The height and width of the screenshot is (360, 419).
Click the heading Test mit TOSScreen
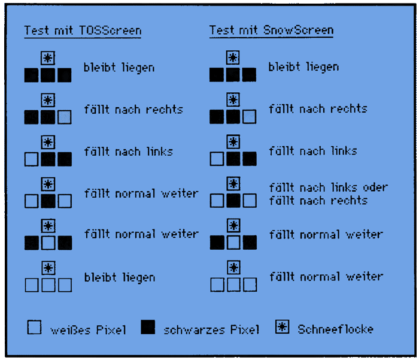[x=83, y=31]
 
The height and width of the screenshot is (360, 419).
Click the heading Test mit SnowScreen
[x=271, y=30]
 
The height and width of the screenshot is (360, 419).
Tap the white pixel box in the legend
[x=35, y=327]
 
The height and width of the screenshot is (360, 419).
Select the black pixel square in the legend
[x=148, y=327]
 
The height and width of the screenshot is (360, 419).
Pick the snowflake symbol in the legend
[x=282, y=327]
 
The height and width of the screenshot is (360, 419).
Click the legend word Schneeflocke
[x=335, y=329]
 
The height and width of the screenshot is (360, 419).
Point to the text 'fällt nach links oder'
[x=328, y=187]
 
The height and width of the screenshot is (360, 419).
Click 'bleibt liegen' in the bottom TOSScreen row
[x=119, y=278]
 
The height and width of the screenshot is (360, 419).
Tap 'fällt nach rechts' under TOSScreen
[x=133, y=110]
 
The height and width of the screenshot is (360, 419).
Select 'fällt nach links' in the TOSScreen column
[x=128, y=152]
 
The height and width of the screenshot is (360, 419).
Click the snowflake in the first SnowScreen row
[x=233, y=58]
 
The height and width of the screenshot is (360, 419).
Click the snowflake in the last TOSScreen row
[x=48, y=268]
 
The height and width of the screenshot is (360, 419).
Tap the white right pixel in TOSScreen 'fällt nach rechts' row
[x=65, y=117]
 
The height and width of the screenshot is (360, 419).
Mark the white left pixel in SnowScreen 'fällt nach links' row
[x=217, y=159]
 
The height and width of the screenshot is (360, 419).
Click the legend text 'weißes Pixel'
[x=88, y=330]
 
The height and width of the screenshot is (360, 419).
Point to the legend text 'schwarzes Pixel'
[x=211, y=330]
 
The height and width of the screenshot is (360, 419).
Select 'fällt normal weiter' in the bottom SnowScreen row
[x=326, y=277]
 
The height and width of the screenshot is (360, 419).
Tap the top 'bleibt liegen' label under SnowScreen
[x=303, y=67]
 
